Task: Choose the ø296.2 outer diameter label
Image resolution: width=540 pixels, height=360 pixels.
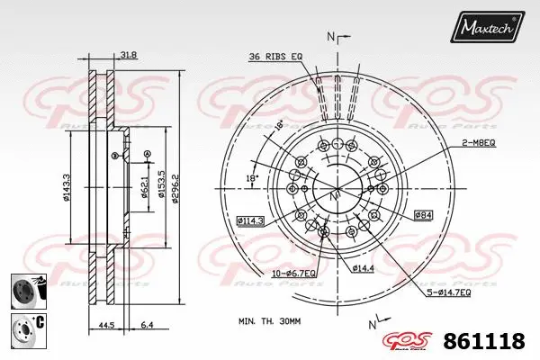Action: [x=176, y=186]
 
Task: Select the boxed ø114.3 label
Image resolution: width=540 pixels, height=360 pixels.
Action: [x=249, y=220]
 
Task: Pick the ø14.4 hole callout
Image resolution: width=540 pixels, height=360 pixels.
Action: [x=363, y=268]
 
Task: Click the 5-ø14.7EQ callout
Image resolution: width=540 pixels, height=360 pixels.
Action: [x=449, y=292]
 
